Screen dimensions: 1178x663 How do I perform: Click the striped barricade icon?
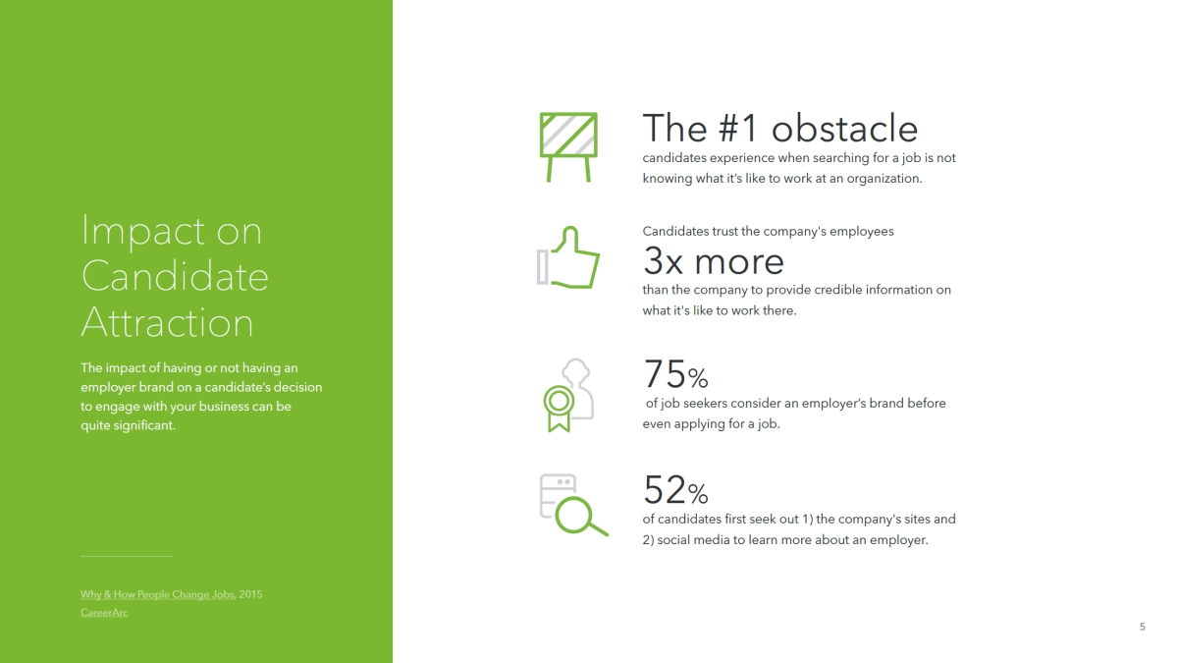click(568, 146)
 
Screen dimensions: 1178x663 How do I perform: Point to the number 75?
click(665, 373)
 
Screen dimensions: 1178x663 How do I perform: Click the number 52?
click(665, 489)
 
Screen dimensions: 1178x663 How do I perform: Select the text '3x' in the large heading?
click(663, 261)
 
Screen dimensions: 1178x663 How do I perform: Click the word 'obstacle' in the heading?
click(844, 128)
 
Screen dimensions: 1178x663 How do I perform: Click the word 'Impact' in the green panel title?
click(143, 232)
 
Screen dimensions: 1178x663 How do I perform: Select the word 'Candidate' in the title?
click(175, 276)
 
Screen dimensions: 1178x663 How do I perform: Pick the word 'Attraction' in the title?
click(167, 322)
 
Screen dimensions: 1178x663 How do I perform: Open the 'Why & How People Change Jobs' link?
click(157, 594)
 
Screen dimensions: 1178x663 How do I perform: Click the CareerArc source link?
click(104, 613)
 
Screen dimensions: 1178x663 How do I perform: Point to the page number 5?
click(1143, 627)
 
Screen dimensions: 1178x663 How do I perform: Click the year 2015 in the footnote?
click(250, 594)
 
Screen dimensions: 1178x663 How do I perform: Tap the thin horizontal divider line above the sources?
click(127, 556)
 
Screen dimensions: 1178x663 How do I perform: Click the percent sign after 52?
click(698, 493)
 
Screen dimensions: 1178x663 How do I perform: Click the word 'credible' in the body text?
click(840, 290)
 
